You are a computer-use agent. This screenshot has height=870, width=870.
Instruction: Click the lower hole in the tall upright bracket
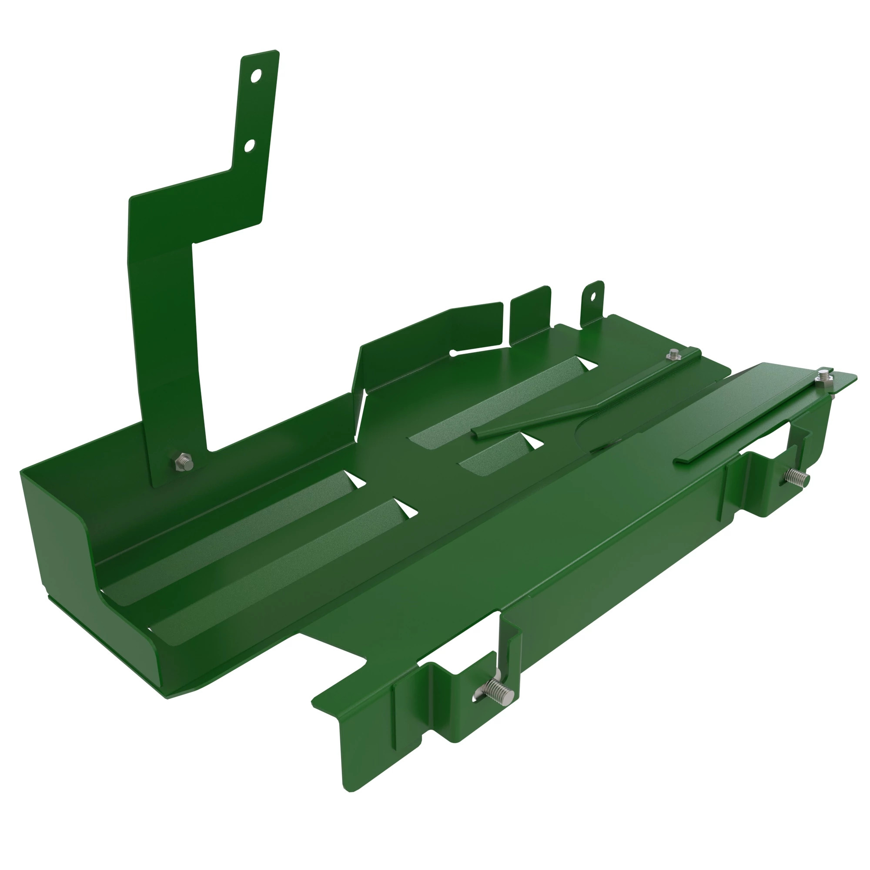[x=249, y=145]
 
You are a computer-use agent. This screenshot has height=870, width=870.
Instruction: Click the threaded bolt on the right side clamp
[x=798, y=476]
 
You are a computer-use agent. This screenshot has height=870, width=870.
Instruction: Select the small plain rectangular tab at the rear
[x=530, y=313]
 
